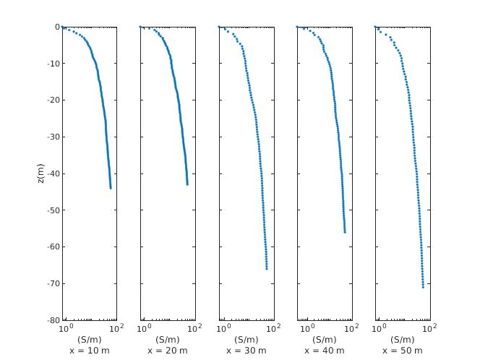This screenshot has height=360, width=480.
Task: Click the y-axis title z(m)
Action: click(x=41, y=173)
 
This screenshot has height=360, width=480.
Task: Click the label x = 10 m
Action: click(x=89, y=351)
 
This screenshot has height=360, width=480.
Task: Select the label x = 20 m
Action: click(x=167, y=351)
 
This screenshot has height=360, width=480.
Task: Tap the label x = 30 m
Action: click(x=246, y=351)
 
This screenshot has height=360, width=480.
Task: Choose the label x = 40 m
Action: click(x=324, y=351)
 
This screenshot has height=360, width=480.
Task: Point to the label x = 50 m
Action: click(x=403, y=351)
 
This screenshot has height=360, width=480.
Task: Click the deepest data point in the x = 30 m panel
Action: click(x=267, y=268)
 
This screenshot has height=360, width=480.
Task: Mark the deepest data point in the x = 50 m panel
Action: click(x=423, y=287)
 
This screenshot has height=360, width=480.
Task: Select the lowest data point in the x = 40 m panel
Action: click(x=345, y=231)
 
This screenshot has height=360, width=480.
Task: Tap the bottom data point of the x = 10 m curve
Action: click(x=111, y=188)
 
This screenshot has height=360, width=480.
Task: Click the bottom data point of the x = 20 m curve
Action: click(x=187, y=184)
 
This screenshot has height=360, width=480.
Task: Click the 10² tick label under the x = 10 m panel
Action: click(x=114, y=329)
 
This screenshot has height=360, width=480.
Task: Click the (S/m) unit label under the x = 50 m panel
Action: click(x=403, y=340)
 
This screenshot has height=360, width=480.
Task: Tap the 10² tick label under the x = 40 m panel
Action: click(x=351, y=329)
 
